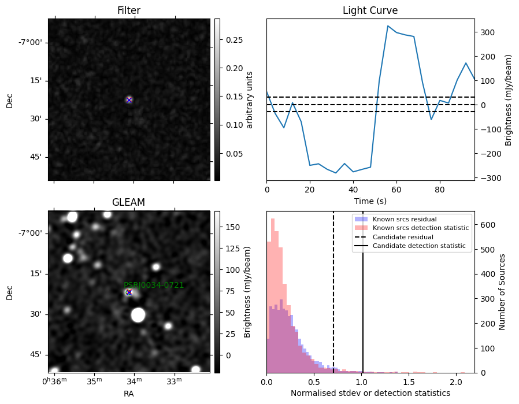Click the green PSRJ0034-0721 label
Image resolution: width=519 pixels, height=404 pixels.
click(x=154, y=285)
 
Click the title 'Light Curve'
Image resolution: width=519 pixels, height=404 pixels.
click(x=370, y=10)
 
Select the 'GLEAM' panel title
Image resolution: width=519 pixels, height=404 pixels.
click(x=129, y=202)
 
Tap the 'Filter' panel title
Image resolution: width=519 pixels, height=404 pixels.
click(x=129, y=10)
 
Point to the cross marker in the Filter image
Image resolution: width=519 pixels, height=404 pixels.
click(x=129, y=100)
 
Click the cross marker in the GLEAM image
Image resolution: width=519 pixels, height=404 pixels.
click(x=129, y=292)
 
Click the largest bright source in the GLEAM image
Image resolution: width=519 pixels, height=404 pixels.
click(x=138, y=314)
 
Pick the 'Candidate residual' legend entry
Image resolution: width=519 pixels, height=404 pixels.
click(x=403, y=237)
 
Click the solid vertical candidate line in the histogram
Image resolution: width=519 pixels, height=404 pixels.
click(x=363, y=292)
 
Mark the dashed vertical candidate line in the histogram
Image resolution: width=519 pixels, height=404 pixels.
click(x=333, y=292)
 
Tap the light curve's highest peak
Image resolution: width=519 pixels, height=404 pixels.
click(x=388, y=26)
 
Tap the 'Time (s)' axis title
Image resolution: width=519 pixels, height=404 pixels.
click(x=370, y=201)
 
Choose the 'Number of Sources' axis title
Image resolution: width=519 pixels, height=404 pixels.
click(x=502, y=292)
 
